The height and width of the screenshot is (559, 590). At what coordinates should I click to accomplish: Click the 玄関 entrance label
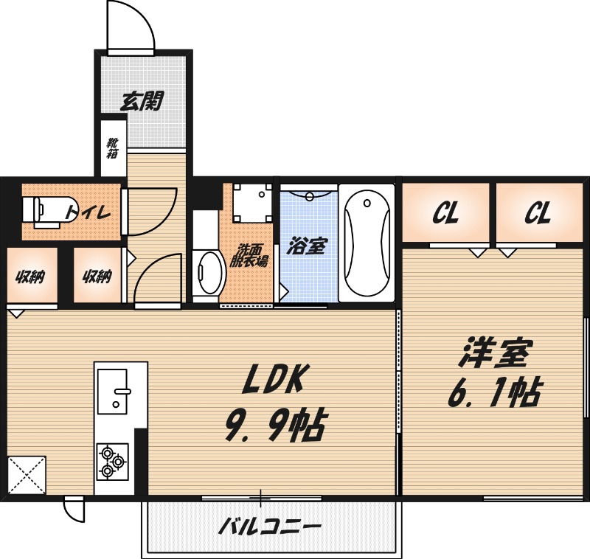pyautogui.click(x=142, y=101)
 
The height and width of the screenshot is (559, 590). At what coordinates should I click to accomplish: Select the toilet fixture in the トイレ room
pyautogui.click(x=48, y=209)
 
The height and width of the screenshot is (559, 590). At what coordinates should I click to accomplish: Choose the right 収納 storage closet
pyautogui.click(x=97, y=277)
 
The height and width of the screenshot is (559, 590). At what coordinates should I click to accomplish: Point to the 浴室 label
pyautogui.click(x=308, y=246)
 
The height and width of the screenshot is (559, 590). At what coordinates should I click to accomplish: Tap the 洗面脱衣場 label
pyautogui.click(x=251, y=255)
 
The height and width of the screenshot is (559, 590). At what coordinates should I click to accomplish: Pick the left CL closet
pyautogui.click(x=445, y=214)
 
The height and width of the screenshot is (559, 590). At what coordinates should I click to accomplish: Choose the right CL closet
pyautogui.click(x=538, y=214)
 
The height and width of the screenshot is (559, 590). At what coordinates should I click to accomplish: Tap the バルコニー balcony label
pyautogui.click(x=270, y=528)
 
